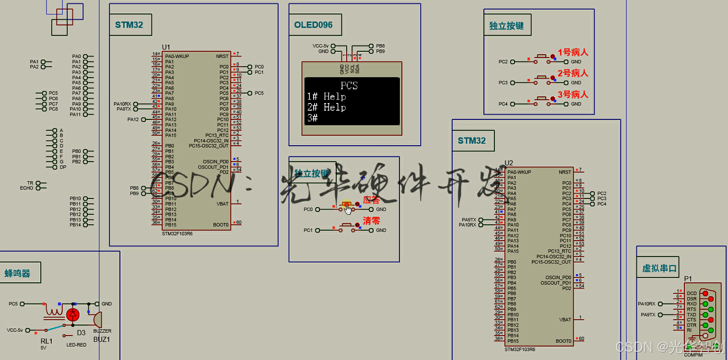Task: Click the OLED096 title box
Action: pyautogui.click(x=313, y=25)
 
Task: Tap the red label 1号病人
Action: pyautogui.click(x=573, y=52)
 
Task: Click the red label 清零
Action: pyautogui.click(x=371, y=221)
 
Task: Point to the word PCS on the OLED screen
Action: pyautogui.click(x=349, y=86)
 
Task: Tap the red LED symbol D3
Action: pyautogui.click(x=73, y=315)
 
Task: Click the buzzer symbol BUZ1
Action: pyautogui.click(x=97, y=319)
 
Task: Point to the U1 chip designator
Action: pyautogui.click(x=166, y=47)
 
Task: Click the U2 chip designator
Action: pyautogui.click(x=509, y=163)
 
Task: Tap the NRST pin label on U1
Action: pyautogui.click(x=222, y=56)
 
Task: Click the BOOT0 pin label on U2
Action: pyautogui.click(x=563, y=341)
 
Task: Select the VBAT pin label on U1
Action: pyautogui.click(x=223, y=204)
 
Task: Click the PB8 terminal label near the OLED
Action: pyautogui.click(x=380, y=46)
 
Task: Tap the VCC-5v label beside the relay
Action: pyautogui.click(x=15, y=330)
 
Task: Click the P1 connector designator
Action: pyautogui.click(x=688, y=279)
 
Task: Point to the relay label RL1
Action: pyautogui.click(x=47, y=341)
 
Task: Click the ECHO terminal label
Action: pyautogui.click(x=26, y=188)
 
